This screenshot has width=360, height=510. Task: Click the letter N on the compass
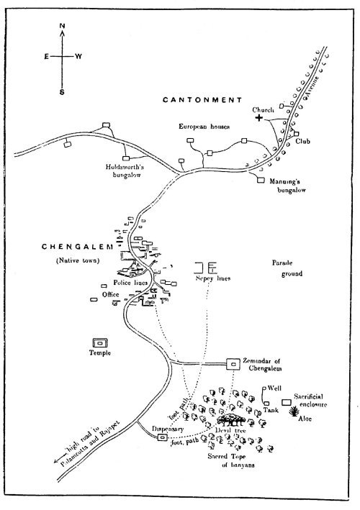[x=62, y=26]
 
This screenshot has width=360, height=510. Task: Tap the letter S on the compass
[x=62, y=92]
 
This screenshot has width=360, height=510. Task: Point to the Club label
[x=305, y=142]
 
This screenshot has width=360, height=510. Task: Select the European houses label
[x=204, y=127]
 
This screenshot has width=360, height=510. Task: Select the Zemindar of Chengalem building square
[x=234, y=365]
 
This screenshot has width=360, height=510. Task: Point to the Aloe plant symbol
[x=295, y=411]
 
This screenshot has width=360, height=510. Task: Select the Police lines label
[x=130, y=286]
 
